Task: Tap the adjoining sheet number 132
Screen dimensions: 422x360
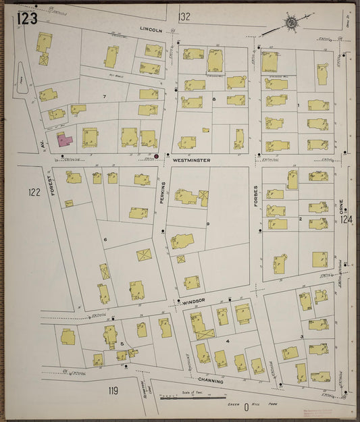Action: [184, 16]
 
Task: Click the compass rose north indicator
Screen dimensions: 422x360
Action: [291, 22]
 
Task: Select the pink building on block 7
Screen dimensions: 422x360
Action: [64, 139]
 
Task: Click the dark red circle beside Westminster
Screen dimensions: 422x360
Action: [156, 156]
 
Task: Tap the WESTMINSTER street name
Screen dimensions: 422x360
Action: [191, 160]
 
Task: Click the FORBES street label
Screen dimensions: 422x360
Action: [256, 196]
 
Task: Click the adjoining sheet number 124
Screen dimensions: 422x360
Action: [346, 219]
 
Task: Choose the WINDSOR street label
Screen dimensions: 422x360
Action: [192, 300]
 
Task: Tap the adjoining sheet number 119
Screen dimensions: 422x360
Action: [113, 390]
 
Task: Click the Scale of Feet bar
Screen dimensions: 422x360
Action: [192, 397]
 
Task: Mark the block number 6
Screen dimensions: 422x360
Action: [105, 240]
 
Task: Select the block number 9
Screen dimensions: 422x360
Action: [208, 223]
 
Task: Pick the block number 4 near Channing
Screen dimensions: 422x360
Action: [228, 341]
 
